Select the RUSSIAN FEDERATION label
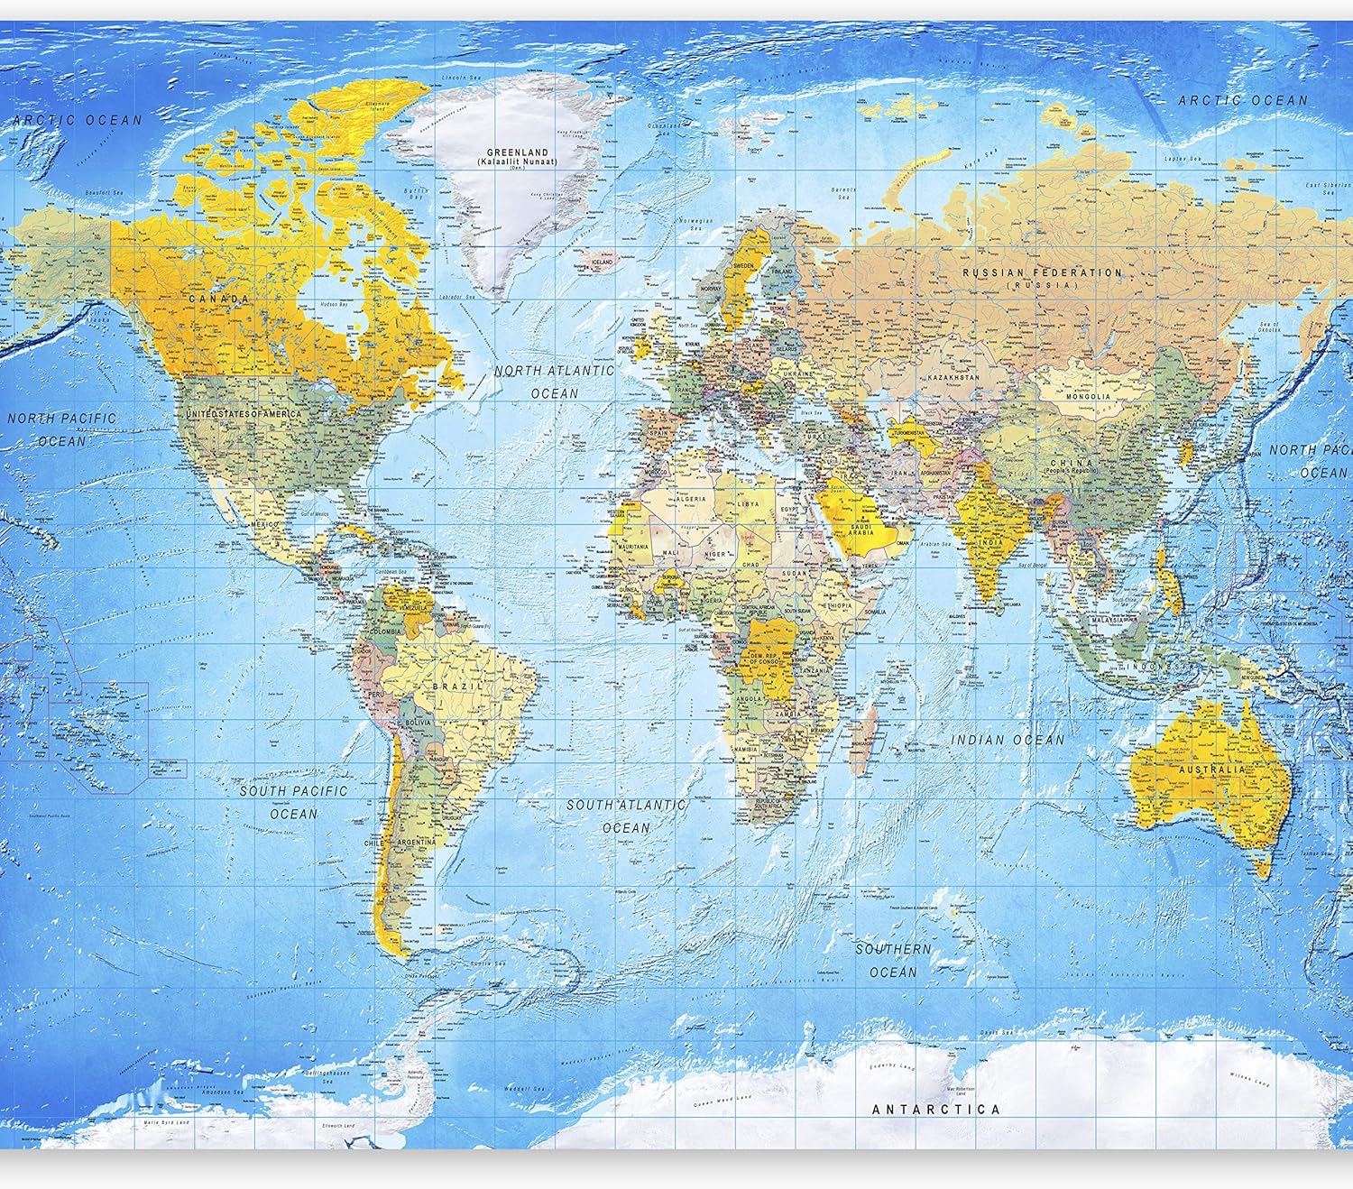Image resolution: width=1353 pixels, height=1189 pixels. [x=1042, y=272]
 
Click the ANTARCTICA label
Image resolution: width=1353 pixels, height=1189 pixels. [x=935, y=1109]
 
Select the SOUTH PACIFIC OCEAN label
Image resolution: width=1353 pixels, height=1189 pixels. [x=293, y=801]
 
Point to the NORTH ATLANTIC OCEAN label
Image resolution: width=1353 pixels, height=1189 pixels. [x=554, y=382]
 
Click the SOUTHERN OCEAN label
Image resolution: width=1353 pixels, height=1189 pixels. [x=893, y=960]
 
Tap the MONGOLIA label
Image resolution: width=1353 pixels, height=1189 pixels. [x=1088, y=397]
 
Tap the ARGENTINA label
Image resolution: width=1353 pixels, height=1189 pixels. [x=415, y=842]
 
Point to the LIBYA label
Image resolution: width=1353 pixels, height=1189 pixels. [x=748, y=503]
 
